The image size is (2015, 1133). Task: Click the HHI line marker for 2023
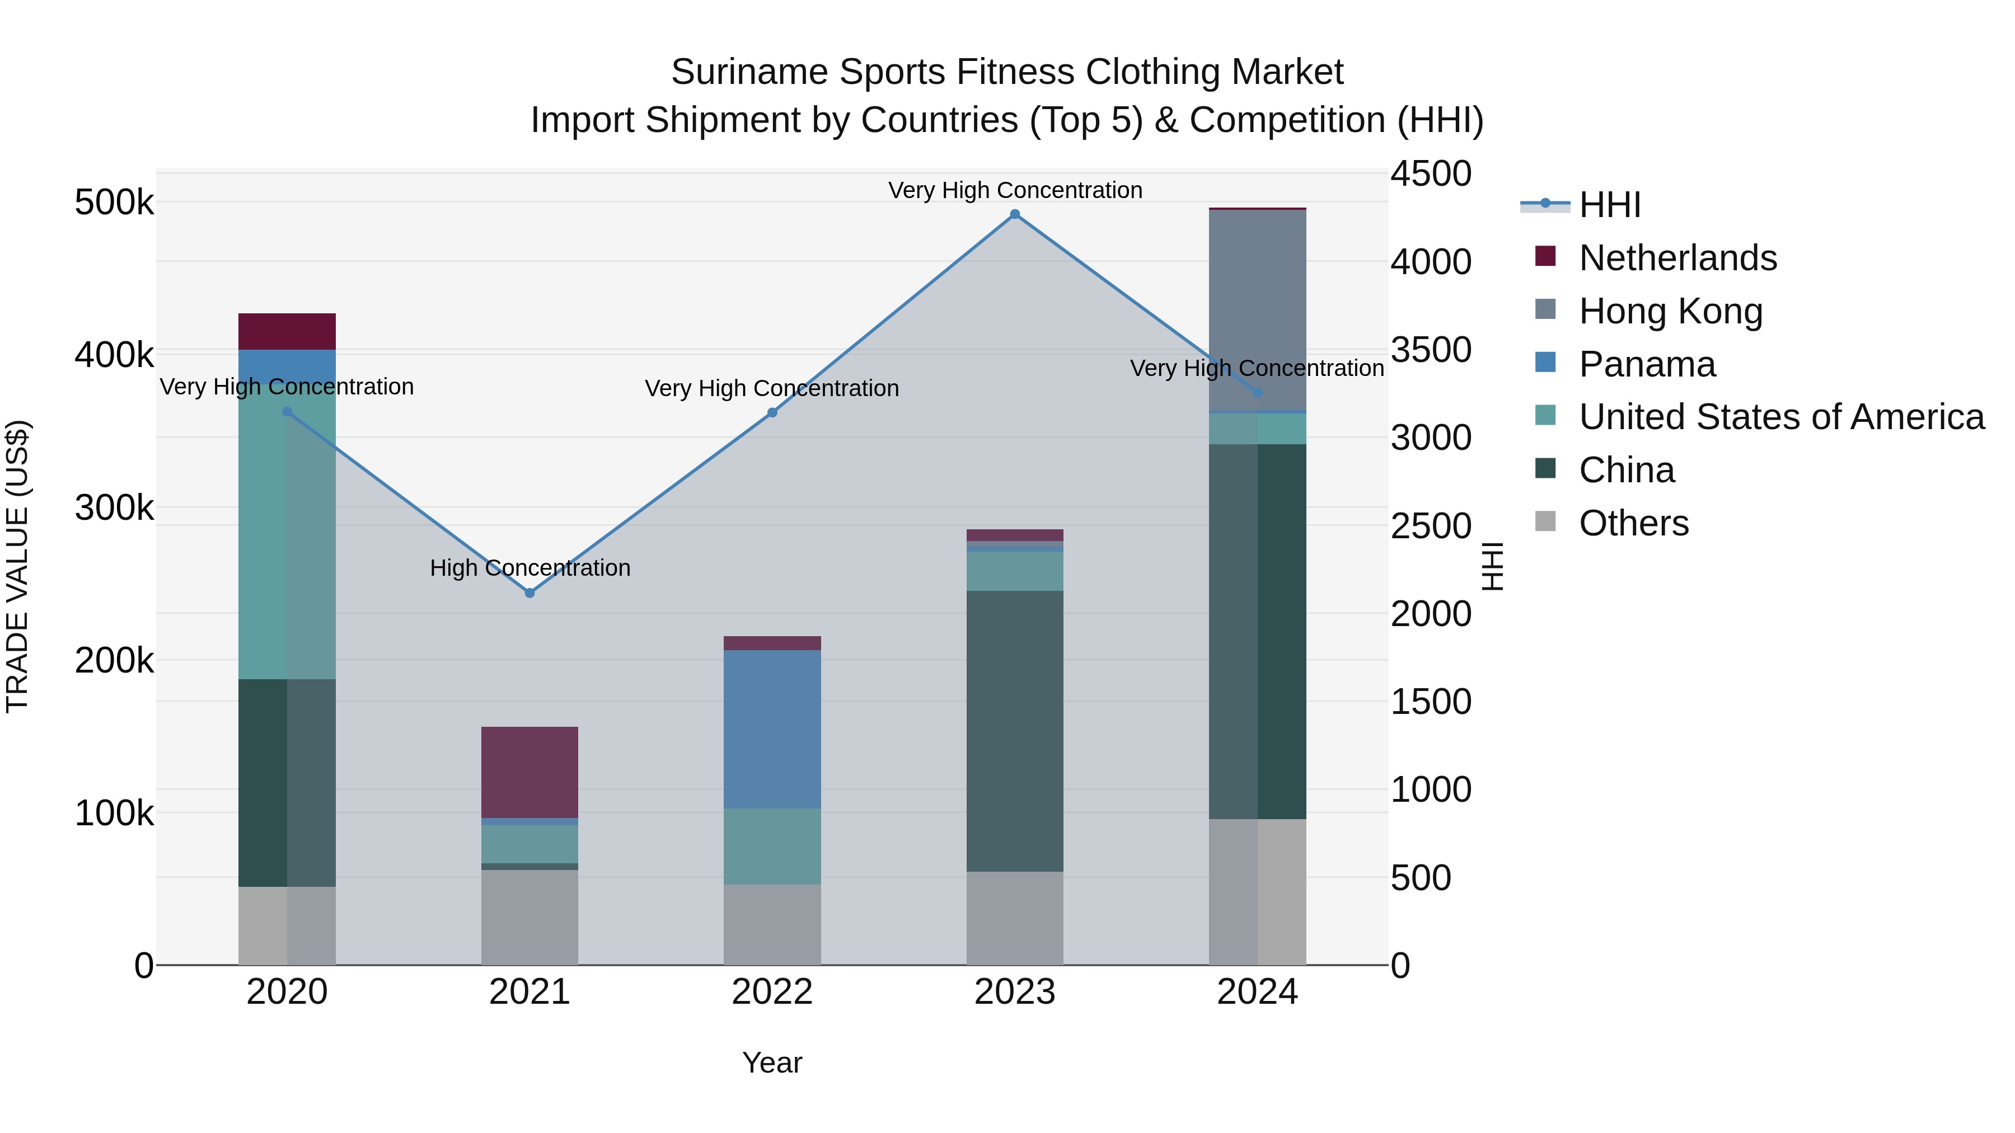[1015, 214]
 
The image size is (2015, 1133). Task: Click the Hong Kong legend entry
[1670, 311]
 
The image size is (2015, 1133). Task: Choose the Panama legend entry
[1647, 364]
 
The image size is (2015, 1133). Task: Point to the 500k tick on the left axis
[114, 203]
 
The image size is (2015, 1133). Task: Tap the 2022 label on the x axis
[772, 992]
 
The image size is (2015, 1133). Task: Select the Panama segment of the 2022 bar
[772, 728]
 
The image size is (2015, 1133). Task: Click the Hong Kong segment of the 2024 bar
[1257, 309]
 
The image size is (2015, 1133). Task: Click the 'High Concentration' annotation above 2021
[529, 568]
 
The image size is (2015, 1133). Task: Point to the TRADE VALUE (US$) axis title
[17, 566]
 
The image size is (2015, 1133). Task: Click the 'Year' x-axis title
[772, 1063]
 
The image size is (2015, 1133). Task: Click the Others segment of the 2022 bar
[772, 924]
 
